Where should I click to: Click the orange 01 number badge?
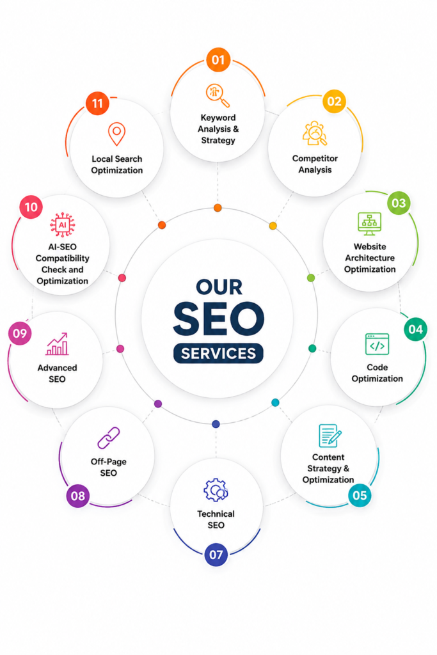(x=218, y=59)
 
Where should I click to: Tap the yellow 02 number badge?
(x=334, y=102)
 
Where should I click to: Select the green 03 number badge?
(x=399, y=203)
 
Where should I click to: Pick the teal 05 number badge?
(x=360, y=496)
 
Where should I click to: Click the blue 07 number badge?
(x=216, y=555)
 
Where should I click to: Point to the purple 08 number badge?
(x=78, y=496)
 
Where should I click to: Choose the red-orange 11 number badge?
(x=97, y=103)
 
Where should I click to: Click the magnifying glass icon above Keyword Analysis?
(x=218, y=95)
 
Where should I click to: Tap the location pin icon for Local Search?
(x=116, y=134)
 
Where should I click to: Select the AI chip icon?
(x=62, y=225)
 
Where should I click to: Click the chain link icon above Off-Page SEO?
(x=109, y=438)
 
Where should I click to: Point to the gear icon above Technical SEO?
(x=216, y=490)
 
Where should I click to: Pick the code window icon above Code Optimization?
(x=377, y=344)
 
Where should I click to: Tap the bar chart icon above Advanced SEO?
(x=57, y=343)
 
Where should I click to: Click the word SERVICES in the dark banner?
(x=219, y=353)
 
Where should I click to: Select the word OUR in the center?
(x=219, y=287)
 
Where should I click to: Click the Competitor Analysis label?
(x=315, y=164)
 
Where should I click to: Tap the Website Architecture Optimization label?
(x=370, y=258)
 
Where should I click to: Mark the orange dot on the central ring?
(x=218, y=208)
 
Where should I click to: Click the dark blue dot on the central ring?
(x=216, y=424)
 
